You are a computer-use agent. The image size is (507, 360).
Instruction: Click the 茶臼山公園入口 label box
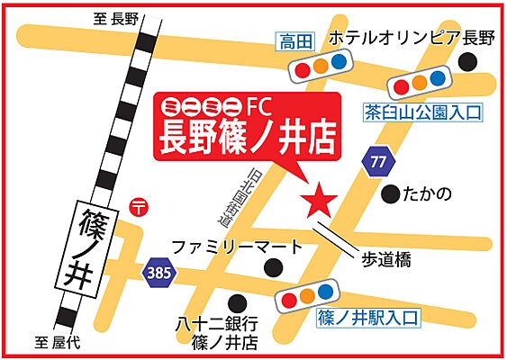[x=422, y=112]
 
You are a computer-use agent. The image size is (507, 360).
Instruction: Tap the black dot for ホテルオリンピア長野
[x=467, y=61]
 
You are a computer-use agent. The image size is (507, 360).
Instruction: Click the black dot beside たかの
[x=390, y=193]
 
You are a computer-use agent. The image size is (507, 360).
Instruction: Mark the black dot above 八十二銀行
[x=237, y=302]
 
